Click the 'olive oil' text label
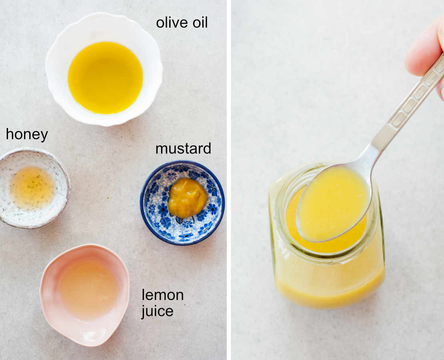tap(182, 22)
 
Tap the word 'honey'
tap(27, 135)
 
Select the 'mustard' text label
tap(183, 148)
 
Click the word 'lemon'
tap(162, 295)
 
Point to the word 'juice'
tap(157, 311)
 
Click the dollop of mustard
tap(187, 198)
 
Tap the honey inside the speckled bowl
tap(32, 188)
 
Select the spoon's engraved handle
tap(408, 108)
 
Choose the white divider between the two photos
tap(229, 180)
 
